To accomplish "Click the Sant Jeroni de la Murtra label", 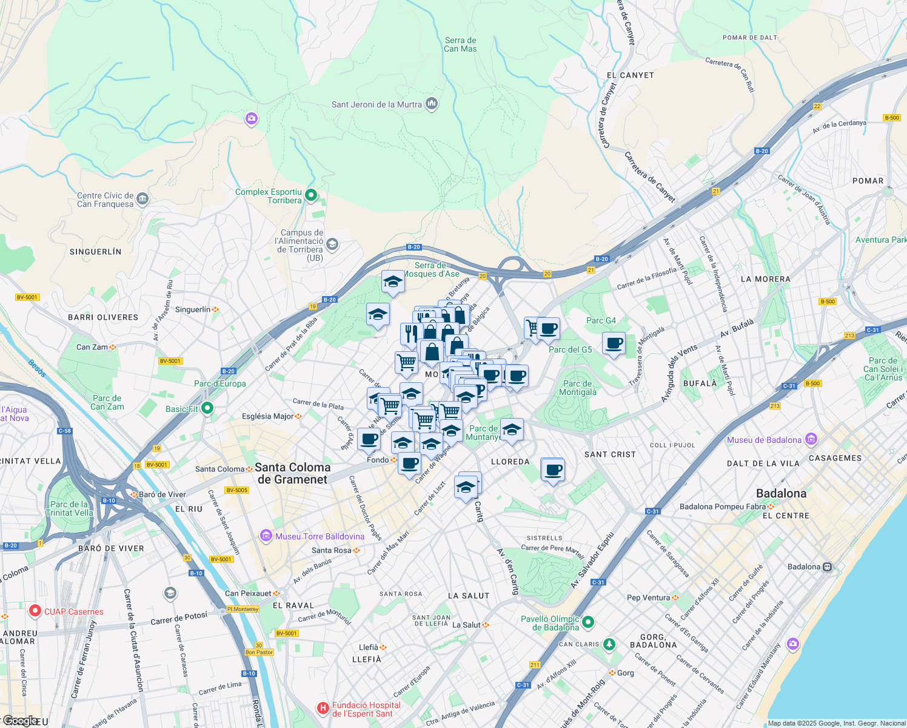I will point(376,104).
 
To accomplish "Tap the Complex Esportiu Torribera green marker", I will point(311,195).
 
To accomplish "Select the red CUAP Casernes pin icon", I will point(35,611).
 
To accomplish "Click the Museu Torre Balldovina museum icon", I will point(266,536).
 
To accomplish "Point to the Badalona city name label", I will point(781,493).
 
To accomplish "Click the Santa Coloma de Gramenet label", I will point(292,473).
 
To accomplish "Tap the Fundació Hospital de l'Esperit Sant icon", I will point(323,708).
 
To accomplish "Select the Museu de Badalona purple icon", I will point(811,439).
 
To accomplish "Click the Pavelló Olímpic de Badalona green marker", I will point(588,622).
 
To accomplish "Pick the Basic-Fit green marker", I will point(207,408).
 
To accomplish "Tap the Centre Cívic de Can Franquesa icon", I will point(142,198).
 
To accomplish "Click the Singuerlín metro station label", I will point(193,309).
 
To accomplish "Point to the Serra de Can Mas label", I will point(460,45).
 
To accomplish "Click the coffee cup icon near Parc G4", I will point(614,343).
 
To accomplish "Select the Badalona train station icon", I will point(828,567).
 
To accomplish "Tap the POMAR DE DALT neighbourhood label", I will point(749,38).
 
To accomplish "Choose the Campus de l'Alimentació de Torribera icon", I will point(332,244).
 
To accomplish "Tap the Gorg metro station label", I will point(625,673).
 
